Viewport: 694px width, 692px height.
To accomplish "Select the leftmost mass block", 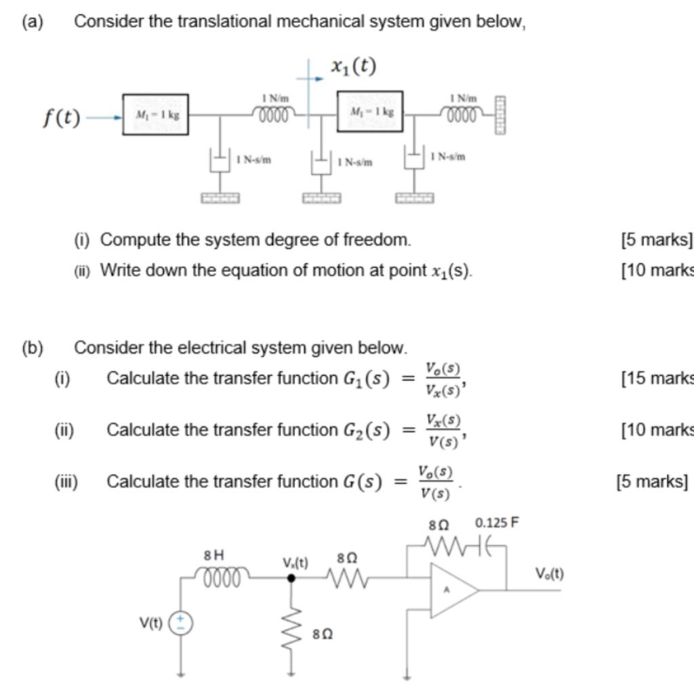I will tap(155, 115).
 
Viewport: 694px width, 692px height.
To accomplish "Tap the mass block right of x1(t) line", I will tap(369, 112).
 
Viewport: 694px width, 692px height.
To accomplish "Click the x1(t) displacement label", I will tap(354, 66).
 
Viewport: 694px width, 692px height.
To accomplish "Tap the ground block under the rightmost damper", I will tap(415, 198).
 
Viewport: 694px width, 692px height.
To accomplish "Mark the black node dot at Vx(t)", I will tap(291, 578).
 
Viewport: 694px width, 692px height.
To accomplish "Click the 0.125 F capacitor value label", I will tap(497, 523).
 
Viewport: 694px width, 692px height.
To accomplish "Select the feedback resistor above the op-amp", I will tap(444, 543).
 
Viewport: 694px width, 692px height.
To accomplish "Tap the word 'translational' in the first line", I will tap(220, 22).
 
